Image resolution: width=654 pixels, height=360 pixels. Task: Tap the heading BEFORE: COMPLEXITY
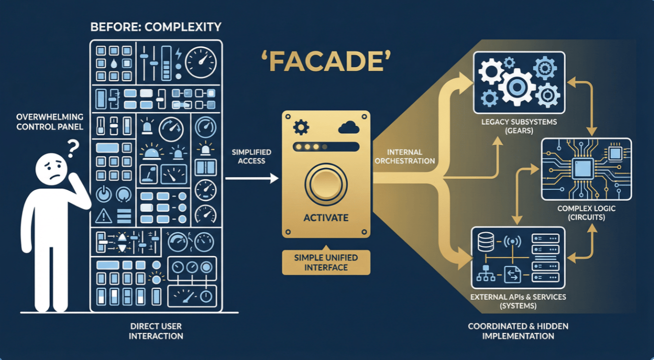tap(156, 27)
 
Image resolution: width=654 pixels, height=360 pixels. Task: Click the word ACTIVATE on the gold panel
tap(325, 218)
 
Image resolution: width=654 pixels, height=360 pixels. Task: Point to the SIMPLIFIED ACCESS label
tap(252, 156)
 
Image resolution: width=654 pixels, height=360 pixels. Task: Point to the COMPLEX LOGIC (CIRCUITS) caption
tap(586, 212)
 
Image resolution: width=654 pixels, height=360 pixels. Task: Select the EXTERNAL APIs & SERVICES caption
tap(518, 301)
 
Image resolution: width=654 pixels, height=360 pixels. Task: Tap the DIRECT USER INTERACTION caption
tap(156, 330)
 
